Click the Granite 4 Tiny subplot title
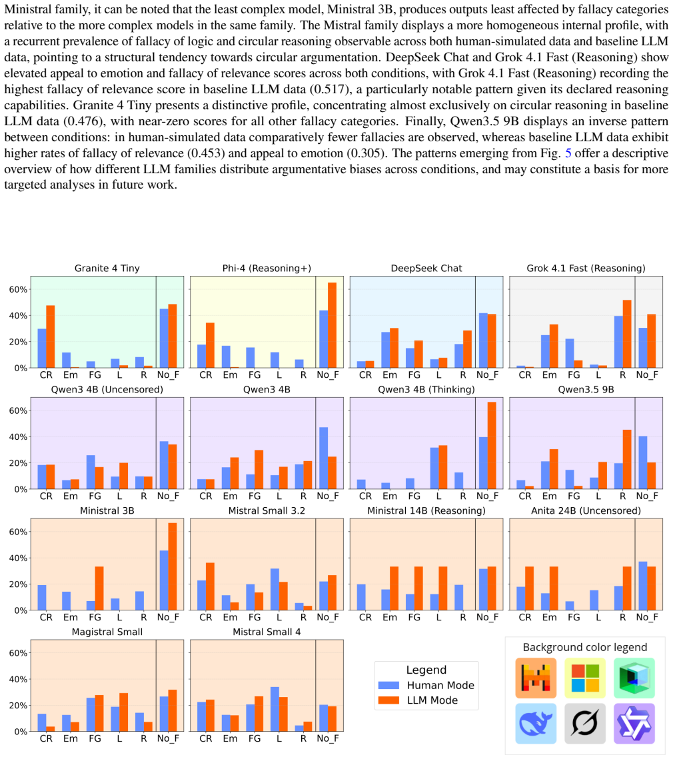[107, 268]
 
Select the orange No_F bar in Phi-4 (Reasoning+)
[332, 325]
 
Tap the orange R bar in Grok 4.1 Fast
[627, 334]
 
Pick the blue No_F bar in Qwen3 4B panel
[323, 458]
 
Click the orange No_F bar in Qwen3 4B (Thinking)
[492, 445]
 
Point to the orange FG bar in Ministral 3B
[99, 588]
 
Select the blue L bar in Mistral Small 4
[275, 709]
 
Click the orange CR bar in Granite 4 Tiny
[51, 337]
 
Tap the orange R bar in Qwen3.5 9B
[627, 459]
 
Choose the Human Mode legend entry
[426, 686]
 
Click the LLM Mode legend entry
[418, 700]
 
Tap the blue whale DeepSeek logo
[536, 724]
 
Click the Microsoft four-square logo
[585, 678]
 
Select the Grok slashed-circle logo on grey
[585, 724]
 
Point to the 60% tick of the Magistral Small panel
[19, 653]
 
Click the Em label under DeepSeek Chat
[390, 375]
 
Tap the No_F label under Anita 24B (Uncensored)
[647, 618]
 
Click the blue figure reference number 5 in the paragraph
[568, 153]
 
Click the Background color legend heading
[585, 648]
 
